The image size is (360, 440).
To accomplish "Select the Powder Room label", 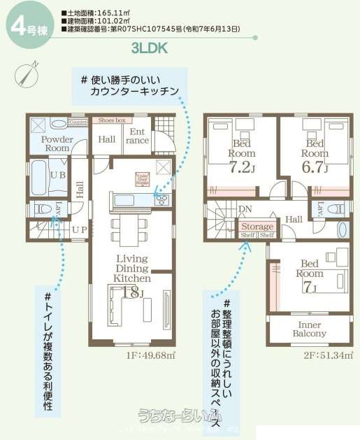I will tap(57, 143).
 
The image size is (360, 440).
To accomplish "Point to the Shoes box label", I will tap(112, 120).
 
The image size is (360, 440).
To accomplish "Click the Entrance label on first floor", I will tap(138, 136).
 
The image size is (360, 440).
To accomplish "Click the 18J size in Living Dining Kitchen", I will tap(131, 292).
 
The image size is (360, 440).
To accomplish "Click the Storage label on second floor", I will tap(257, 227).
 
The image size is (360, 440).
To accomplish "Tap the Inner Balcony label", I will tap(310, 329).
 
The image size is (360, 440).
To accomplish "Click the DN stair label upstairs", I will tap(245, 209).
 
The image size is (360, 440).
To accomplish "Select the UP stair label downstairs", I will tap(79, 229).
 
